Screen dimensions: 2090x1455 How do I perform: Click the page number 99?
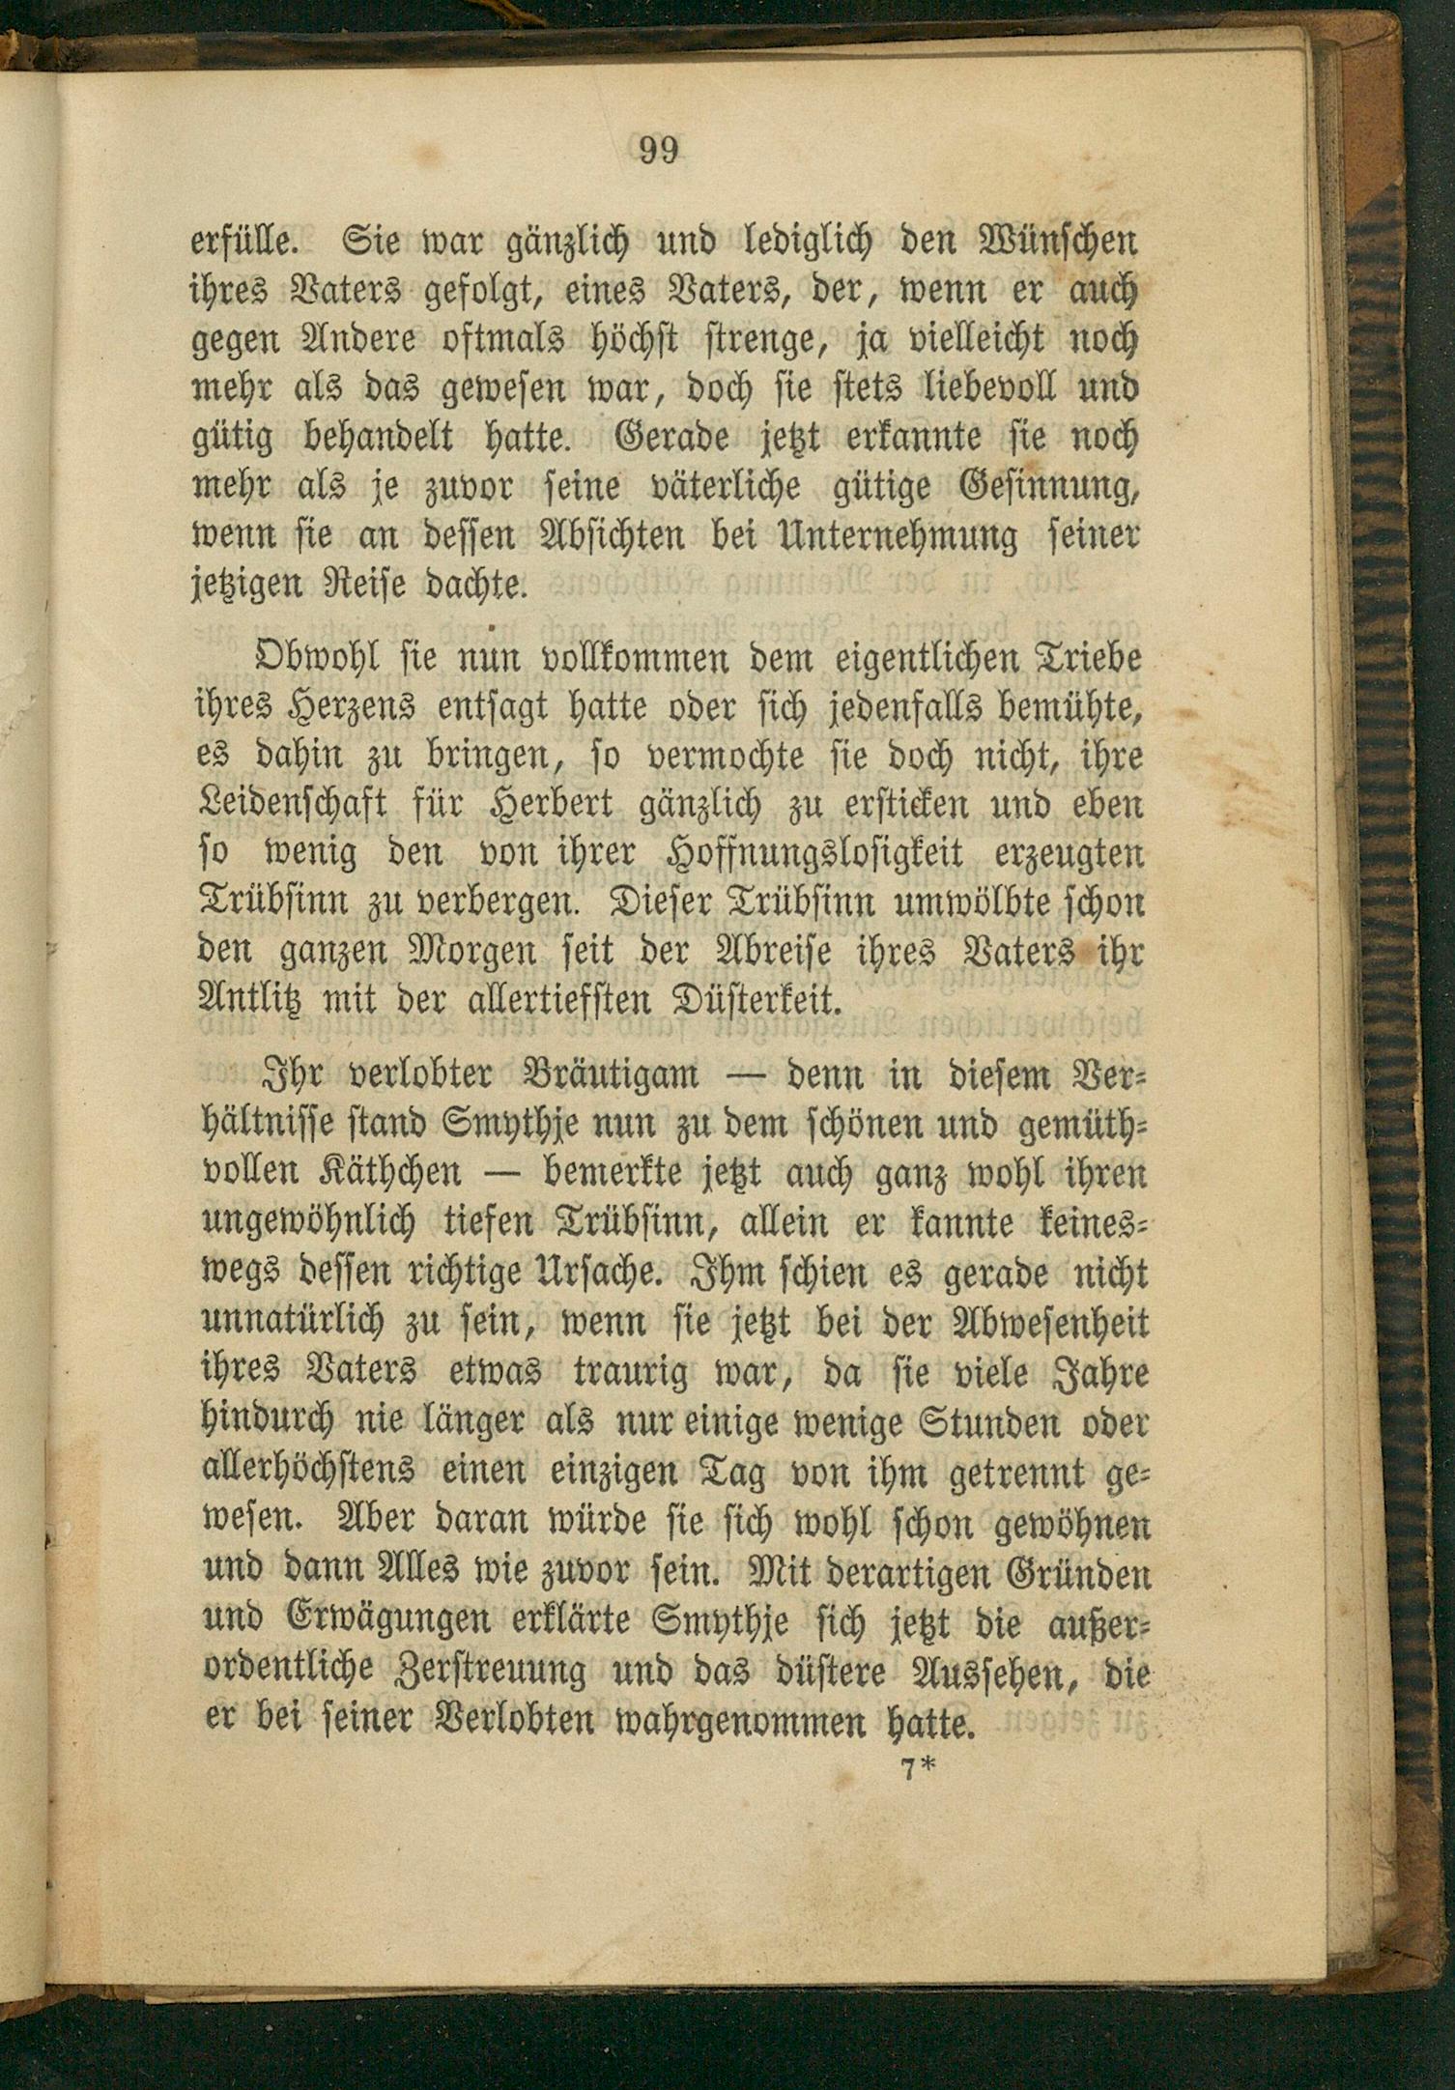tap(659, 151)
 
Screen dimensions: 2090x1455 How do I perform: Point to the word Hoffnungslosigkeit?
tap(815, 854)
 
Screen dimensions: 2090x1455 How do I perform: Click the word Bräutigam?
tap(610, 1074)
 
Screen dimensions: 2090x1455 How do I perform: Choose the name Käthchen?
tap(390, 1173)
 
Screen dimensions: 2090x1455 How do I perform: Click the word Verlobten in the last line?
tap(499, 1721)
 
